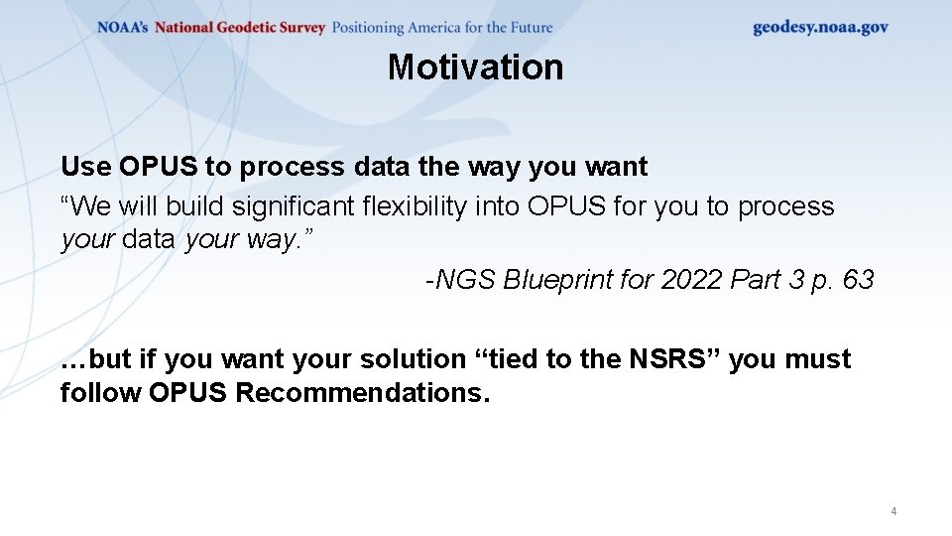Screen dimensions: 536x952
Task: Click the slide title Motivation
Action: [x=475, y=67]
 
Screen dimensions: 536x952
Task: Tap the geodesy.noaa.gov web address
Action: [x=820, y=27]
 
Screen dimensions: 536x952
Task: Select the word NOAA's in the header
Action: [x=122, y=28]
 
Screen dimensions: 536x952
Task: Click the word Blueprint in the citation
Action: [x=556, y=280]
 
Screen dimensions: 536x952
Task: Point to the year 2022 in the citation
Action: [x=692, y=280]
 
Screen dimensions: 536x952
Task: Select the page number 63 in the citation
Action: [x=858, y=280]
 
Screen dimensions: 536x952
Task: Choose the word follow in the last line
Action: [x=100, y=393]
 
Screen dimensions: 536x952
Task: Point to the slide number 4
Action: [x=893, y=511]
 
